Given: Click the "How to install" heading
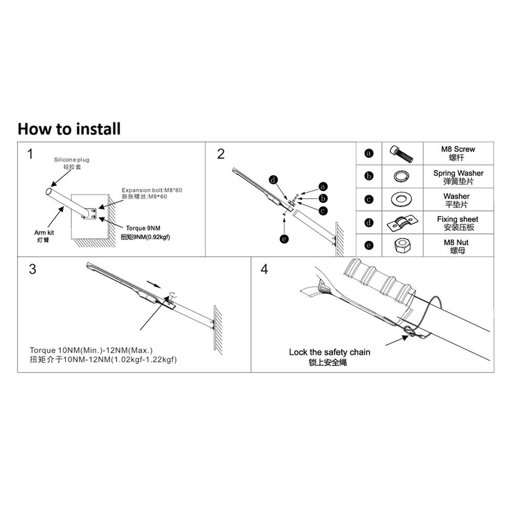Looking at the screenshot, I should click(x=69, y=129).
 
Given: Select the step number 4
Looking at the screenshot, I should click(x=264, y=269).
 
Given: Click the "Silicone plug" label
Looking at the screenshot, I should click(x=72, y=160).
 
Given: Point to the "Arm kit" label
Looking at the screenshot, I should click(x=44, y=233).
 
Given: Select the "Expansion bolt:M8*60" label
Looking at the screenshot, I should click(x=152, y=190).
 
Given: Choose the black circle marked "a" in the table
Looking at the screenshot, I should click(x=369, y=153).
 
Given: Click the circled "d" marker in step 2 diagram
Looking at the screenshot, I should click(x=274, y=180).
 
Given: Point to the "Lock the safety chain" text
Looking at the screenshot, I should click(x=329, y=352).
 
